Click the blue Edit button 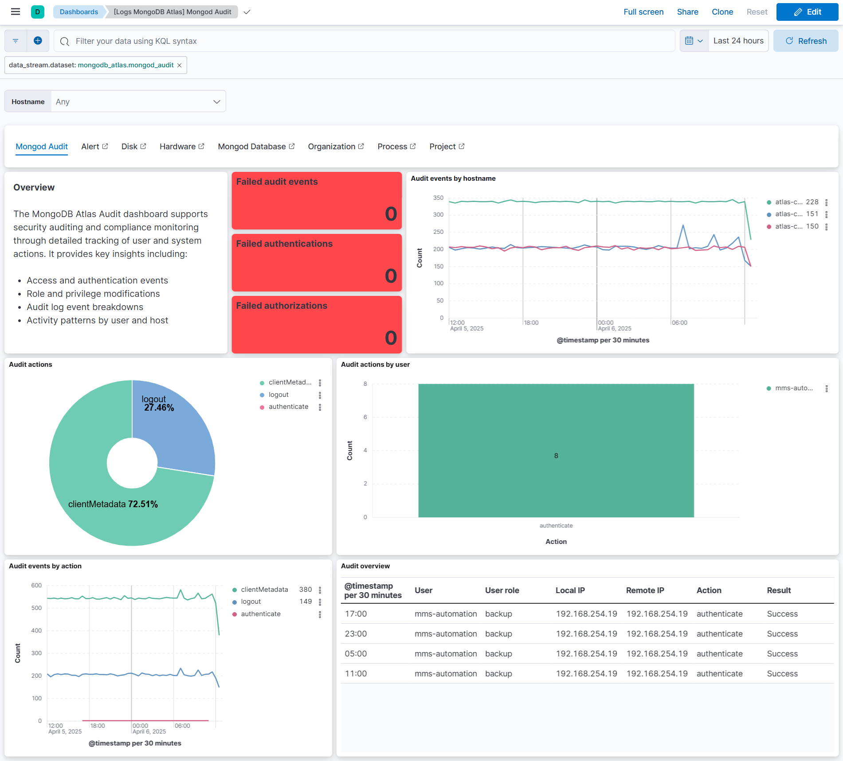pyautogui.click(x=807, y=12)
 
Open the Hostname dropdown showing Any pyautogui.click(x=138, y=101)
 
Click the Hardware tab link pyautogui.click(x=181, y=147)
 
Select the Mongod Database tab pyautogui.click(x=256, y=147)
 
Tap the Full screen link pyautogui.click(x=643, y=12)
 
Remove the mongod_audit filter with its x pyautogui.click(x=180, y=65)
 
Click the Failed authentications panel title pyautogui.click(x=284, y=244)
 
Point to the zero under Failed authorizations pyautogui.click(x=391, y=338)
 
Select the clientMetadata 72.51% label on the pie pyautogui.click(x=113, y=504)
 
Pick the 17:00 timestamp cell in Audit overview pyautogui.click(x=356, y=614)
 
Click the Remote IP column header pyautogui.click(x=645, y=590)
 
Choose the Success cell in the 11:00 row pyautogui.click(x=782, y=674)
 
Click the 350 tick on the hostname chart pyautogui.click(x=438, y=198)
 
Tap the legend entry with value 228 pyautogui.click(x=796, y=202)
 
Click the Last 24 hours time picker pyautogui.click(x=738, y=41)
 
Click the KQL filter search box pyautogui.click(x=364, y=41)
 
